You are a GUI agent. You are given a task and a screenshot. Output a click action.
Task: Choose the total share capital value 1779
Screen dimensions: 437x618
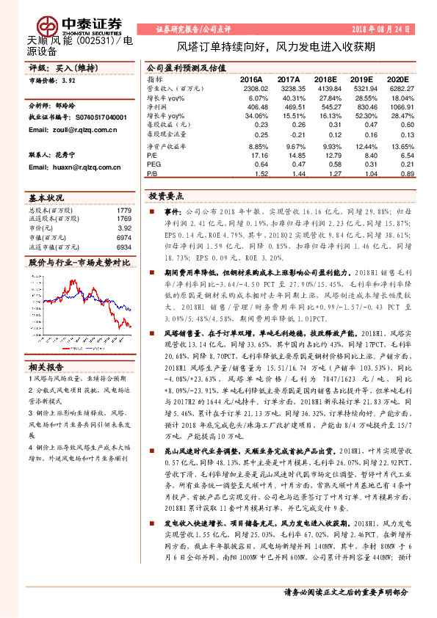[x=123, y=211]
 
